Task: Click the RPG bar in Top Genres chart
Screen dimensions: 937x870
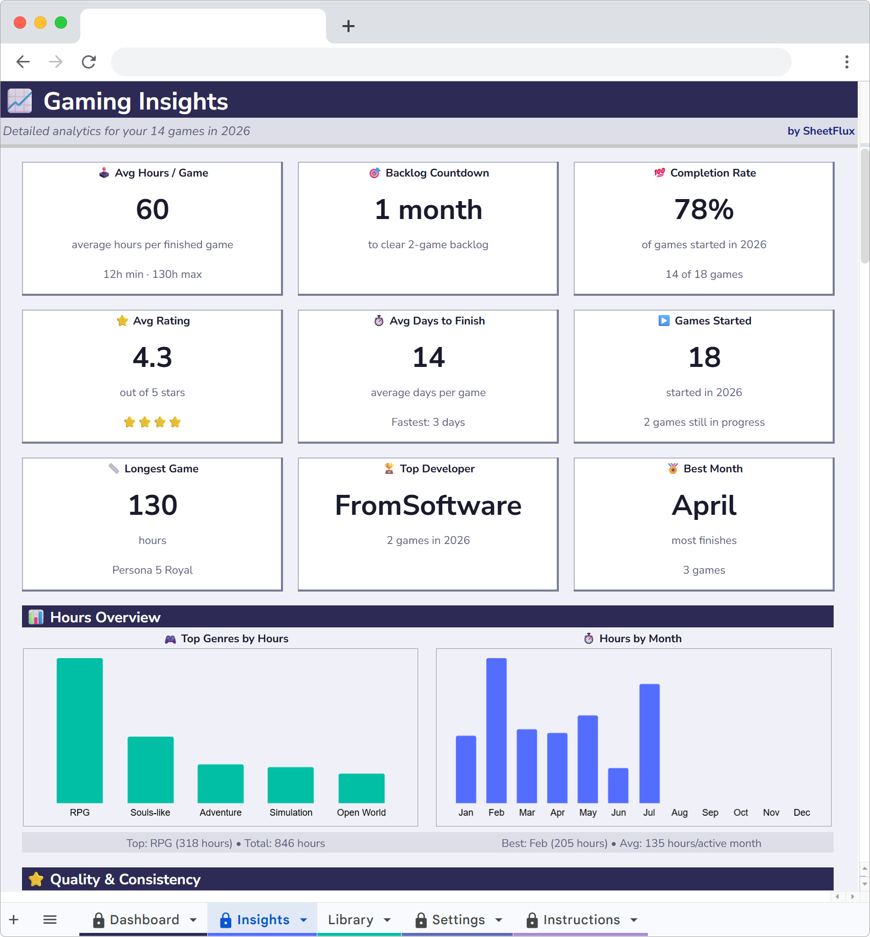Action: point(79,730)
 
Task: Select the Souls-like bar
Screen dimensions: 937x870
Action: point(150,770)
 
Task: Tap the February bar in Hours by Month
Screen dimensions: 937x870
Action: point(496,730)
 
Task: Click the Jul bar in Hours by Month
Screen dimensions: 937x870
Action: point(649,743)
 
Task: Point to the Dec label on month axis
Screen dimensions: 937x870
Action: point(801,813)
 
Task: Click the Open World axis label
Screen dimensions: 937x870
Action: point(361,813)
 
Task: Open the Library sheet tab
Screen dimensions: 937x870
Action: point(351,920)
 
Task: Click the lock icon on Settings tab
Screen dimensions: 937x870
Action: point(421,920)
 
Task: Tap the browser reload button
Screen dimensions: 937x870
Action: point(89,62)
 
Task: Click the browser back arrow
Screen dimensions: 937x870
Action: point(23,62)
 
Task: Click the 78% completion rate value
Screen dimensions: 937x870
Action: point(704,210)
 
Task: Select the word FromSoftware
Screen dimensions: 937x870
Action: point(428,506)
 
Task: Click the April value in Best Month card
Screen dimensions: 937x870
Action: point(704,506)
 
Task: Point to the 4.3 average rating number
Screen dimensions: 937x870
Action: point(152,358)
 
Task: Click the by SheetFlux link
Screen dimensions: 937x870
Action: point(820,131)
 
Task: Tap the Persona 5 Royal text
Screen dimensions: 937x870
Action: point(152,570)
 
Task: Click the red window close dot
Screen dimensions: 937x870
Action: point(20,23)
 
